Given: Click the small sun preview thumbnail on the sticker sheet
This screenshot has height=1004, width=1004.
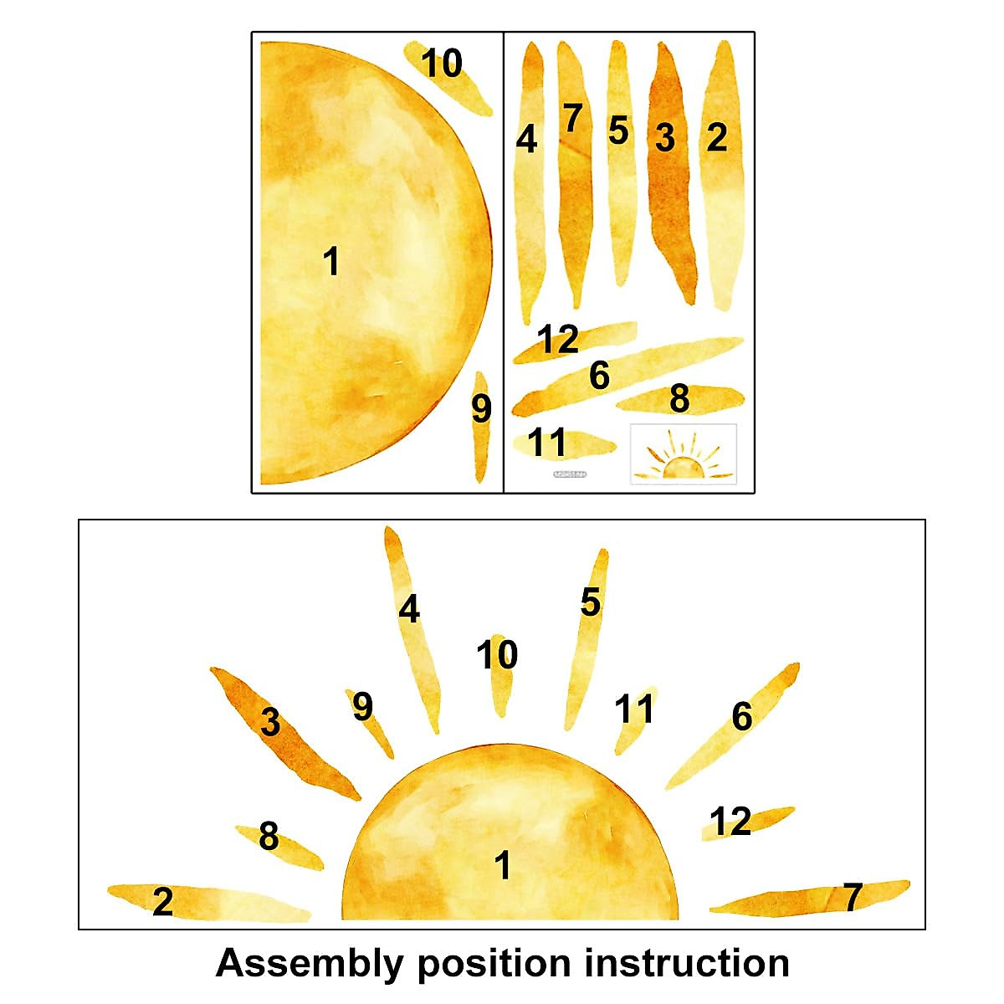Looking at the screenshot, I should (x=683, y=454).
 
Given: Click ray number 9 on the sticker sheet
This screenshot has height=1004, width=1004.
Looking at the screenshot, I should (x=480, y=427).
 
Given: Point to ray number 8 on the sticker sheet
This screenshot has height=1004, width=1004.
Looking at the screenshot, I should (x=679, y=399).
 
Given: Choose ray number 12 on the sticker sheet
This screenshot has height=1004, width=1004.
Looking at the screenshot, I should (x=573, y=341).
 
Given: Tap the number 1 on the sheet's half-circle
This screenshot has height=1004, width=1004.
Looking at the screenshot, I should (x=332, y=262).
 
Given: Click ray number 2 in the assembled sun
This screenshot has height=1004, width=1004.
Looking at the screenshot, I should (x=201, y=902).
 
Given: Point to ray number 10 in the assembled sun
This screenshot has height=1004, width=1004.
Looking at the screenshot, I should (x=499, y=674).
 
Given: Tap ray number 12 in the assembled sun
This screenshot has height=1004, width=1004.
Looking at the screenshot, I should (x=745, y=822).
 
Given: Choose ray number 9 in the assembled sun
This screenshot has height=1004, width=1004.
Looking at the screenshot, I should (x=368, y=720).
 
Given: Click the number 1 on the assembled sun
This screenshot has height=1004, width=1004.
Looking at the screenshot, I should (x=502, y=866).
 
